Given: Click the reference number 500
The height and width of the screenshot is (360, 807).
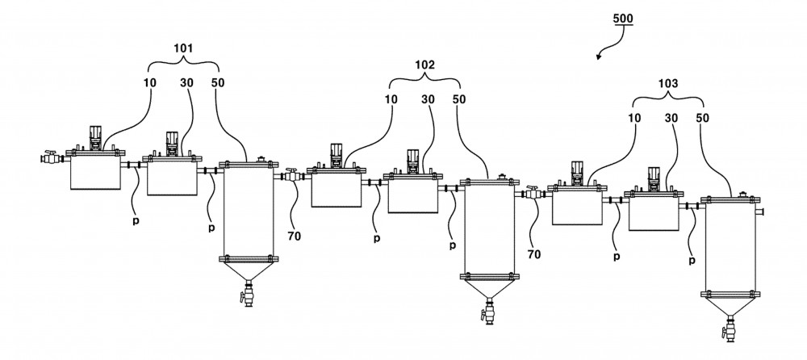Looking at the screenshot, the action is (623, 19).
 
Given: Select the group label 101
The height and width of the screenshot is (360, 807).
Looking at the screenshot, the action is (184, 49).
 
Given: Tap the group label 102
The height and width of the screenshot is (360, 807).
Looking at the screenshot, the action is (424, 65).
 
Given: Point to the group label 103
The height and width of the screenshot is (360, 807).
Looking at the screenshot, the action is (668, 83).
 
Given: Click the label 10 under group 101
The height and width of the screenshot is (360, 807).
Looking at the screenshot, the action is (150, 82).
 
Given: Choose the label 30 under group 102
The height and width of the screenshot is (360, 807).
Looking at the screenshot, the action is (429, 99).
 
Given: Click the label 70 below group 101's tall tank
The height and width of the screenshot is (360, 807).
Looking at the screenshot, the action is (294, 237).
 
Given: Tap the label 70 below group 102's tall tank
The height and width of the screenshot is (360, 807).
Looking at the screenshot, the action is (534, 254).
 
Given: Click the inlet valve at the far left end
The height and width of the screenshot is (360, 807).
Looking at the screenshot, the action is (50, 157).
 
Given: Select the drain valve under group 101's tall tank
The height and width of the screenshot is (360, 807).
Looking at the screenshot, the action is (248, 295).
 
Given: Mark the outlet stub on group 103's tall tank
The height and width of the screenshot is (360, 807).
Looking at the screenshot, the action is (760, 211).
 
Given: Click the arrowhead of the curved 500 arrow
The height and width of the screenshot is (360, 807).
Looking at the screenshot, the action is (599, 57).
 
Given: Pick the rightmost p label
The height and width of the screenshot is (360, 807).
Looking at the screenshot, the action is (692, 261).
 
